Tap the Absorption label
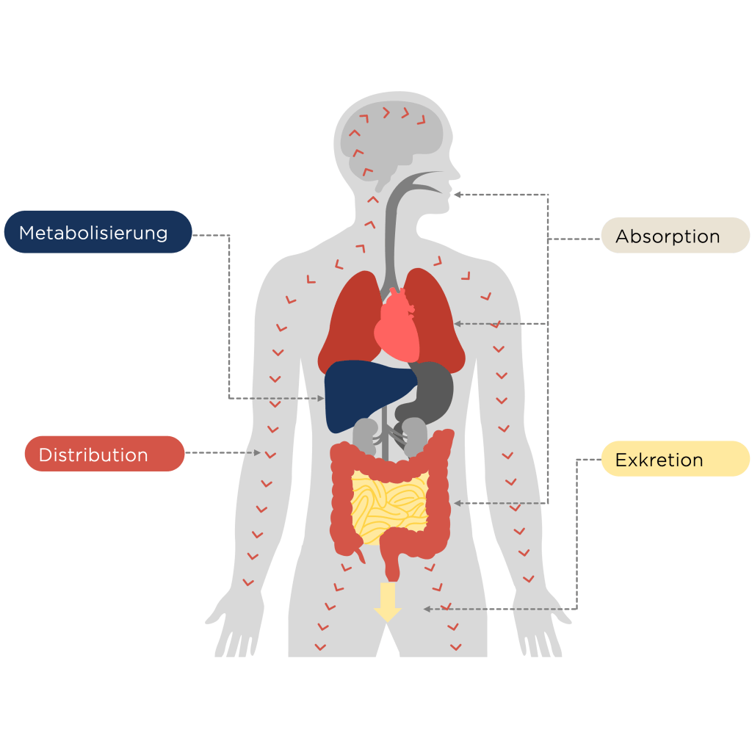point(675,236)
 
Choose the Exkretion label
point(675,460)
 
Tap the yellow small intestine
point(389,503)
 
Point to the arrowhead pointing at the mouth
point(457,195)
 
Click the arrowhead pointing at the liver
point(321,398)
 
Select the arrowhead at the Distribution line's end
point(257,453)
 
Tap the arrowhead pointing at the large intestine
point(457,503)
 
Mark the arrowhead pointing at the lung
point(457,323)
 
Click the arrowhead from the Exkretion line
point(427,609)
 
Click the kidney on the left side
point(365,433)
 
